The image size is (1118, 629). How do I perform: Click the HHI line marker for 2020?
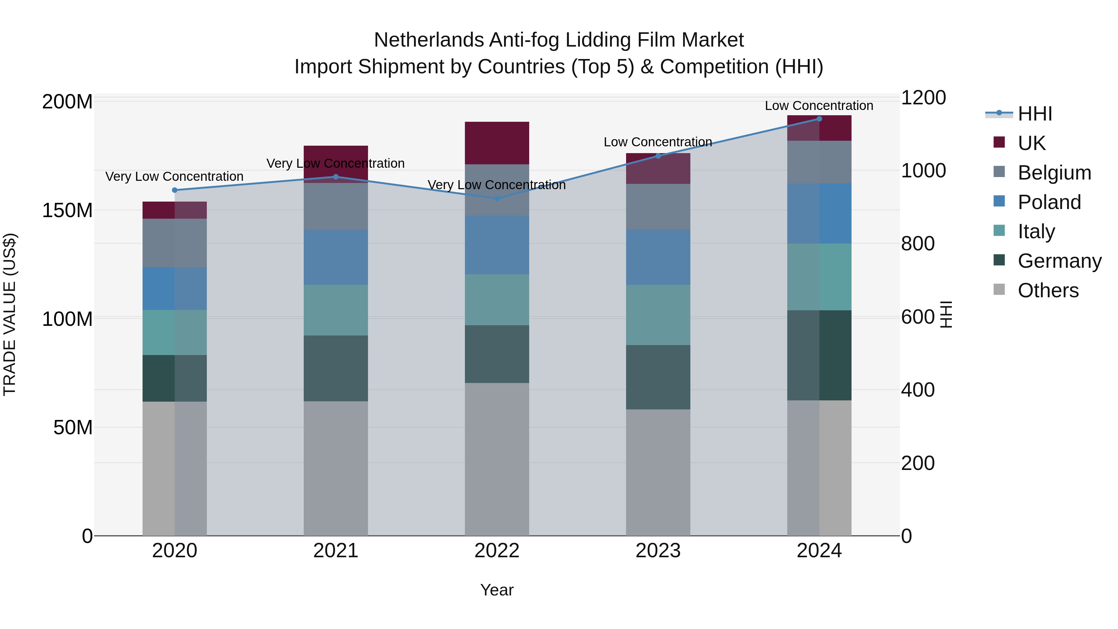pyautogui.click(x=175, y=190)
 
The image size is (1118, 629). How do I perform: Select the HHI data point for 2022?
pyautogui.click(x=497, y=198)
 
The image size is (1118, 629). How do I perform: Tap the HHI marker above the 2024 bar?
pyautogui.click(x=819, y=119)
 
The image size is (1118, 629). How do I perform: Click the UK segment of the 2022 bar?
pyautogui.click(x=497, y=143)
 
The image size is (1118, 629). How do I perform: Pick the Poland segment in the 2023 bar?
pyautogui.click(x=658, y=257)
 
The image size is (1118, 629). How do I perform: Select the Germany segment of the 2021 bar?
pyautogui.click(x=335, y=368)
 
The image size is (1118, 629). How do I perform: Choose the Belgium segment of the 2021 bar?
pyautogui.click(x=335, y=206)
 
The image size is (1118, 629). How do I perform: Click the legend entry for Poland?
pyautogui.click(x=1049, y=202)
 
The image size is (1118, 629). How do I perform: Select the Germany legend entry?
pyautogui.click(x=1059, y=261)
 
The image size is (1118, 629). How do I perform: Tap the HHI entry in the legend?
pyautogui.click(x=1035, y=114)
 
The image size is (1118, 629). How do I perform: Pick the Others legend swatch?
pyautogui.click(x=999, y=289)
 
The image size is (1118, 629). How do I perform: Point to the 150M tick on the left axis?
pyautogui.click(x=67, y=211)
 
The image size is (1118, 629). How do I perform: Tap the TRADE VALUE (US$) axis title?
pyautogui.click(x=10, y=315)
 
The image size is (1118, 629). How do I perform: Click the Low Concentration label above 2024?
pyautogui.click(x=819, y=106)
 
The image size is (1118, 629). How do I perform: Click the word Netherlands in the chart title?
pyautogui.click(x=428, y=40)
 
